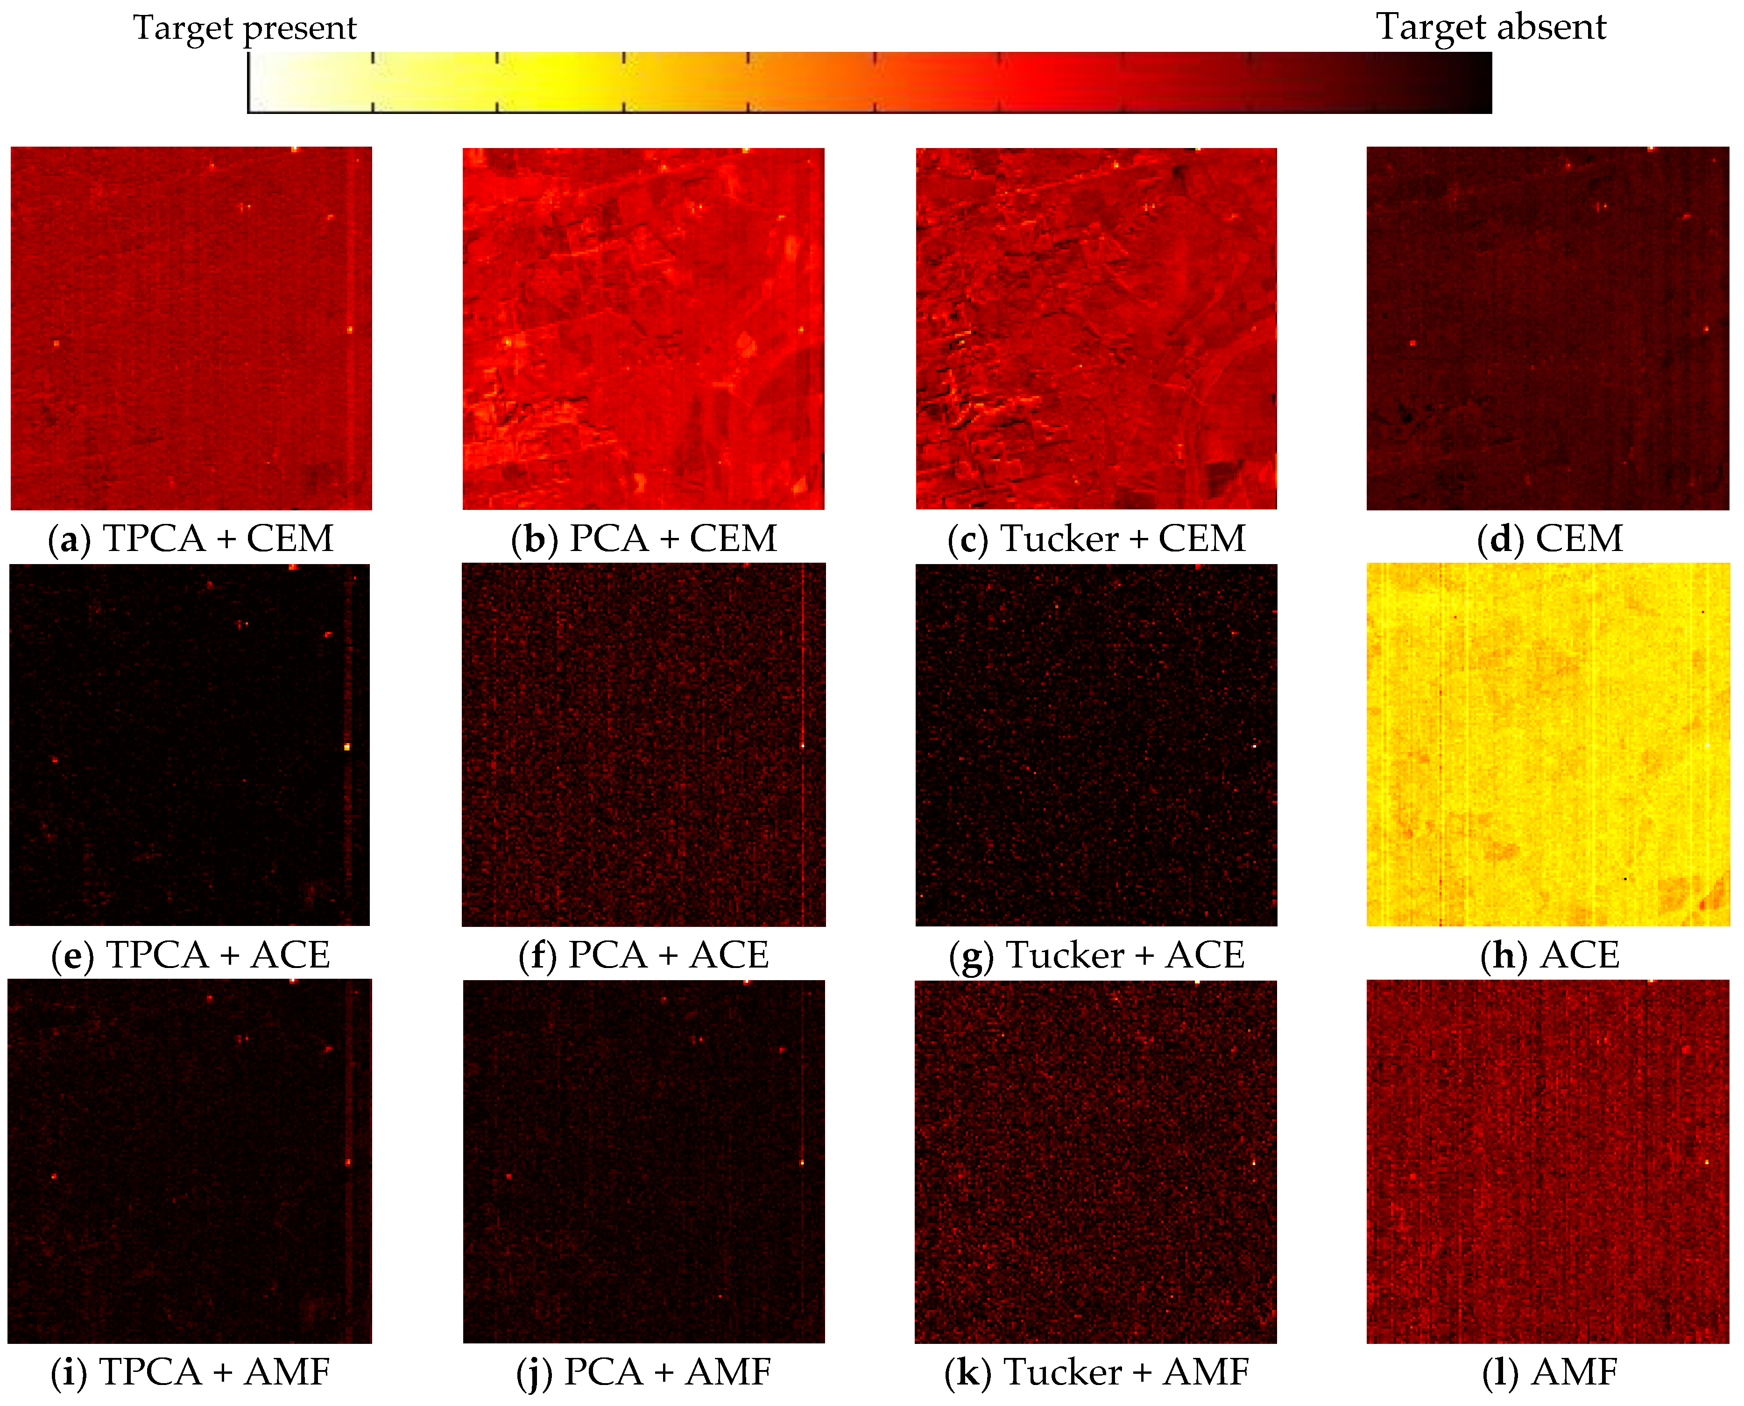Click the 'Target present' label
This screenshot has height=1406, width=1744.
[x=245, y=28]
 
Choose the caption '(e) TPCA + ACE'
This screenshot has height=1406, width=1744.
[x=191, y=956]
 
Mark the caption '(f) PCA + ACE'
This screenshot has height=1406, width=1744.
[x=644, y=956]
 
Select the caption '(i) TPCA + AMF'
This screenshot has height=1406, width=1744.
[x=191, y=1372]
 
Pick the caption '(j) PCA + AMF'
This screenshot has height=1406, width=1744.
[x=644, y=1372]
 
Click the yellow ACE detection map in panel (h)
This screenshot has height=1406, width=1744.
[x=1547, y=745]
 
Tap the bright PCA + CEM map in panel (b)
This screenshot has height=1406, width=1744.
[x=644, y=329]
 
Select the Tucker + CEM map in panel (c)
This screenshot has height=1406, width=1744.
[x=1096, y=329]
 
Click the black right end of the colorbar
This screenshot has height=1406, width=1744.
[x=1478, y=83]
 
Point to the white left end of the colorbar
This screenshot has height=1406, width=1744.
[x=263, y=83]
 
